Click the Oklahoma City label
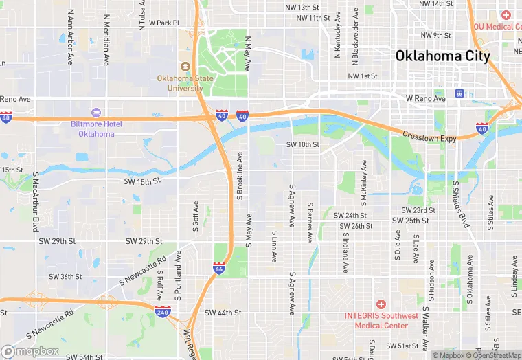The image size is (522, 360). [442, 56]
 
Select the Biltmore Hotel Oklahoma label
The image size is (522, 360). [96, 128]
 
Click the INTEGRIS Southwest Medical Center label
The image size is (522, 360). [381, 320]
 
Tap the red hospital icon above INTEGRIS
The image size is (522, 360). [381, 304]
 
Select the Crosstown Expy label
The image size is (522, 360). [429, 137]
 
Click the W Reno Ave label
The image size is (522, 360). [426, 98]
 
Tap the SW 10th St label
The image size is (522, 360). [303, 145]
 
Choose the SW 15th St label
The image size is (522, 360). [141, 181]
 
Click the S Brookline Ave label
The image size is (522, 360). [240, 175]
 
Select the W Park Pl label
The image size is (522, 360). [163, 23]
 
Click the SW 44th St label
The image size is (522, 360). [223, 312]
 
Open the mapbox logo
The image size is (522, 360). [30, 351]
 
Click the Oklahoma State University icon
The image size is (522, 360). [185, 66]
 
